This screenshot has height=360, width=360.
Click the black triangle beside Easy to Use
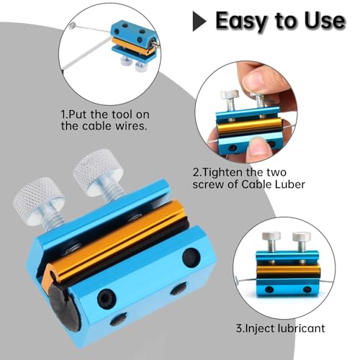point(199,21)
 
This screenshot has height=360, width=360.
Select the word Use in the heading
point(325,21)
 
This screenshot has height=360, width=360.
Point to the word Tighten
point(230,172)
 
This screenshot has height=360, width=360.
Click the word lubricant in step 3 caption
point(301,328)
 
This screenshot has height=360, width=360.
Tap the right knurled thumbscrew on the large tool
point(99,175)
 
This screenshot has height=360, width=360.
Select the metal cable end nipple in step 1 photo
point(72,26)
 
